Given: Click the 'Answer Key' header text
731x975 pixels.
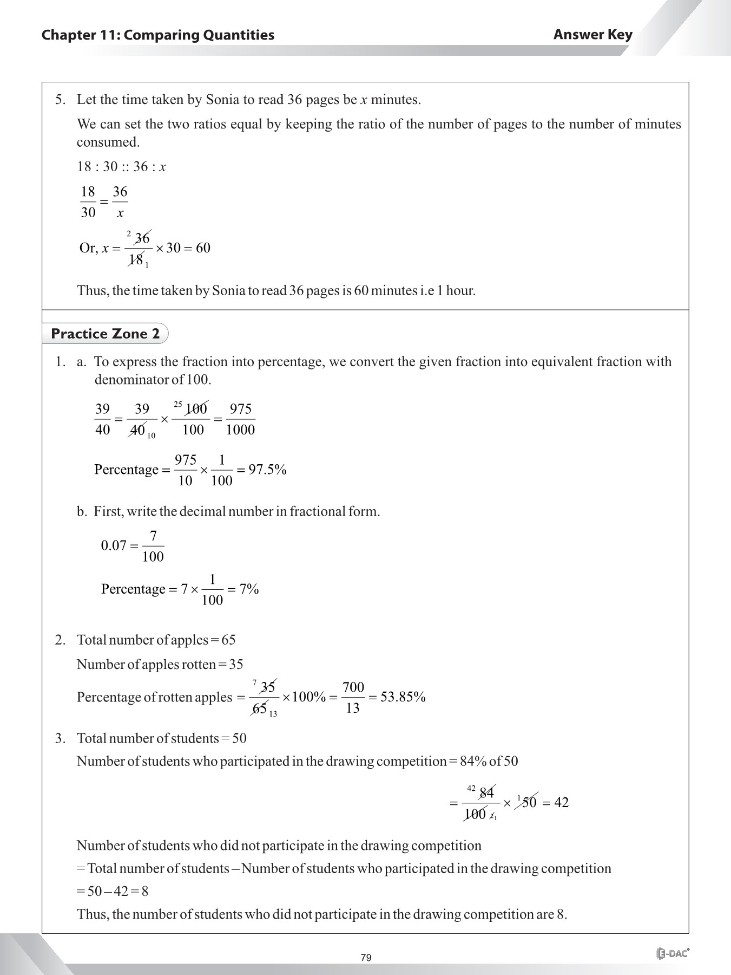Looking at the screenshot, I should (x=592, y=35).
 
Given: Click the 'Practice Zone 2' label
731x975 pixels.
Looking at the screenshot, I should (x=105, y=334).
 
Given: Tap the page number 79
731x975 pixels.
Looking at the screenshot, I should (x=366, y=958).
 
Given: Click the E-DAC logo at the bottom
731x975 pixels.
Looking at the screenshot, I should (x=673, y=954).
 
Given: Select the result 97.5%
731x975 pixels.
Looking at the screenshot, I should (x=267, y=470).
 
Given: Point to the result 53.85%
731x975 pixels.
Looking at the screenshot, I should (x=403, y=697).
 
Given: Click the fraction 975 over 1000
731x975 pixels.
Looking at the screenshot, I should (x=240, y=419).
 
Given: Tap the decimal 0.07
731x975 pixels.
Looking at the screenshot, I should (x=114, y=545).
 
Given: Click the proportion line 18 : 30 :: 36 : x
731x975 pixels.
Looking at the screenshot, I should (x=121, y=167).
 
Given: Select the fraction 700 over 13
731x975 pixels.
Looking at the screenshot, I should (x=353, y=697).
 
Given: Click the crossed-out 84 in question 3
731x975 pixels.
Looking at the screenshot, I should (x=486, y=793).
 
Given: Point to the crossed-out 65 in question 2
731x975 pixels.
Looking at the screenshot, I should (x=260, y=708).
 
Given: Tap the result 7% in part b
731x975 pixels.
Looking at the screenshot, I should (x=249, y=589).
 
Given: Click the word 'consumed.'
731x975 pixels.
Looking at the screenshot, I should (x=108, y=142).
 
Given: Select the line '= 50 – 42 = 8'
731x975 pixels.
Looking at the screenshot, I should (x=113, y=891).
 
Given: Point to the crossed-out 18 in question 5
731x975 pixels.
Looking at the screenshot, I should (x=135, y=259).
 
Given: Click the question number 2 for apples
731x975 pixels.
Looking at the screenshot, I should (x=60, y=640).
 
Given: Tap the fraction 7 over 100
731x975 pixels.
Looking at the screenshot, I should (x=153, y=546).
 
